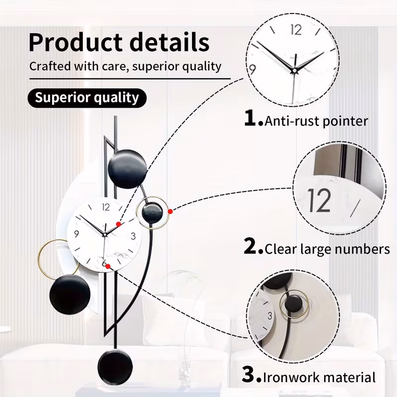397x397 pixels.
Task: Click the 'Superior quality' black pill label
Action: (87, 98)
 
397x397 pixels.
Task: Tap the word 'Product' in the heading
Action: (75, 43)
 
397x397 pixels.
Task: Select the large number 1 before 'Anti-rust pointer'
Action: (251, 118)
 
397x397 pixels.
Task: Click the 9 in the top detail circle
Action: (252, 69)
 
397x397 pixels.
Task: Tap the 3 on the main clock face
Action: (133, 236)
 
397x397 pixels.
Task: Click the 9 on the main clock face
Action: (76, 234)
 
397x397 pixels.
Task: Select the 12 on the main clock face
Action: (106, 207)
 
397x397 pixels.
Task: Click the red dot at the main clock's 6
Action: (108, 266)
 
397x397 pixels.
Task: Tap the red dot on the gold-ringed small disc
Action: (170, 211)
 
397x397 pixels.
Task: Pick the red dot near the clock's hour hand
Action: (118, 224)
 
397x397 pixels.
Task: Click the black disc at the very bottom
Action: (115, 367)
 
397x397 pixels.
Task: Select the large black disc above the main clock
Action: (128, 169)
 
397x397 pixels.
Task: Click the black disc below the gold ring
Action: (70, 295)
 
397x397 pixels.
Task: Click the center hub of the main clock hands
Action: (104, 235)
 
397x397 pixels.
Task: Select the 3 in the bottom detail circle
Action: (270, 316)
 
